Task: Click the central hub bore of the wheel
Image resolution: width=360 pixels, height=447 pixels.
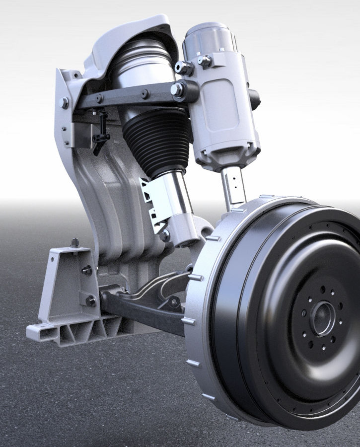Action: click(x=322, y=318)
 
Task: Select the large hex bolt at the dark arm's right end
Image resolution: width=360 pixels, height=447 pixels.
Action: click(x=178, y=89)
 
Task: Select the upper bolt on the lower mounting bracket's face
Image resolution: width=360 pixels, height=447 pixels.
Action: click(x=87, y=271)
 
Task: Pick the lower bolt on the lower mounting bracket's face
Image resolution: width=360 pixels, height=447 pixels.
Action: click(x=90, y=300)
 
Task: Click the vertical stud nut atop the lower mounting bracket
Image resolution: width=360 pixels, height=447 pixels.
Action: click(x=75, y=243)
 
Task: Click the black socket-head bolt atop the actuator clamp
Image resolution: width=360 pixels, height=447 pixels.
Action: click(x=185, y=68)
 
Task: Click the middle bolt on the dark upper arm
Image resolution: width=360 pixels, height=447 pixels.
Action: click(x=144, y=93)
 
